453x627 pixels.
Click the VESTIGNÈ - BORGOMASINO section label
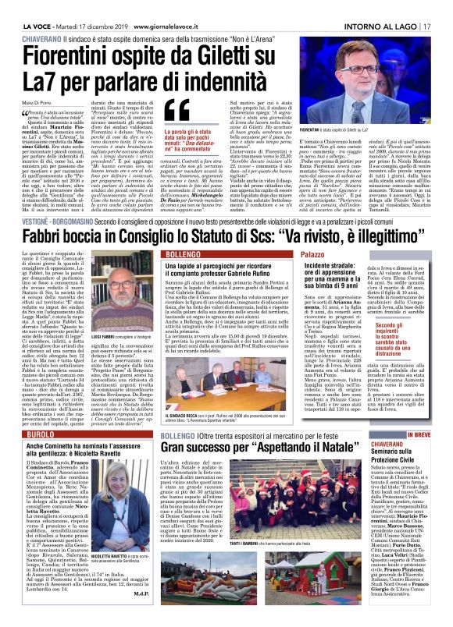point(52,200)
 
